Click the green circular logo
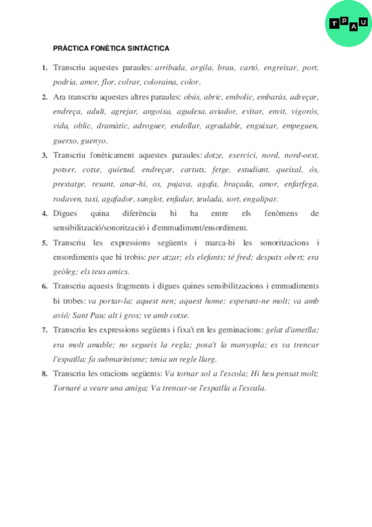tap(348, 24)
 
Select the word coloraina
tap(160, 82)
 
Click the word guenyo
tap(93, 140)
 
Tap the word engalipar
tap(261, 199)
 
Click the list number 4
tap(45, 214)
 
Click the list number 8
tap(45, 373)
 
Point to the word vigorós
tap(304, 112)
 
